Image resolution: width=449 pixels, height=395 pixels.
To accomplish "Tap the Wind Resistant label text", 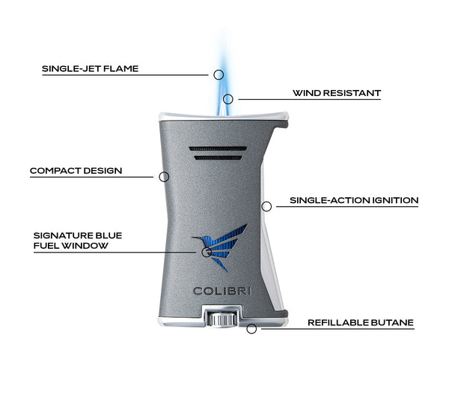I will pyautogui.click(x=337, y=94).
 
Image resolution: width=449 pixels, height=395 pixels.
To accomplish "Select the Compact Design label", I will pyautogui.click(x=76, y=171).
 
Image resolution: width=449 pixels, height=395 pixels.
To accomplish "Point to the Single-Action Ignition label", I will pyautogui.click(x=353, y=201).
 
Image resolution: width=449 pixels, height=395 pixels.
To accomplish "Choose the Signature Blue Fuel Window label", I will pyautogui.click(x=77, y=240).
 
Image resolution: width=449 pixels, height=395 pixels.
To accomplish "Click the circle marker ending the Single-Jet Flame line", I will pyautogui.click(x=219, y=74).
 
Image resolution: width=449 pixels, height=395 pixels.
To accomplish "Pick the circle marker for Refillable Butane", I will pyautogui.click(x=251, y=328).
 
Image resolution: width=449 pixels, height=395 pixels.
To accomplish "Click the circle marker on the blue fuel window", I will pyautogui.click(x=205, y=252).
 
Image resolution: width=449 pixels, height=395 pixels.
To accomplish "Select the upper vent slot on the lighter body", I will pyautogui.click(x=219, y=148).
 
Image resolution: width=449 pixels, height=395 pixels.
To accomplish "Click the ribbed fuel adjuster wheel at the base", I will pyautogui.click(x=218, y=320).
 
